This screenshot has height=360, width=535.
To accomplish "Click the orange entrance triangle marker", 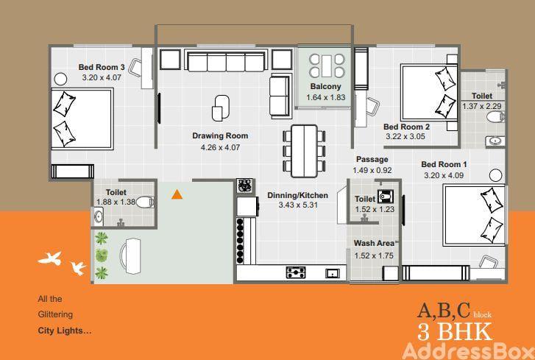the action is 177,195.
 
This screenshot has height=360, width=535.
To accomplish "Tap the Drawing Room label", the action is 220,135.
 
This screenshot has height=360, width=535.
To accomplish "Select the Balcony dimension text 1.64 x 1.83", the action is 326,97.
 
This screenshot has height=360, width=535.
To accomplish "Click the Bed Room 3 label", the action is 102,67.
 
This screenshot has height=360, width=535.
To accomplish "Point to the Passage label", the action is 372,159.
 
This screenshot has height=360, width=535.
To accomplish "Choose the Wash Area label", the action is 374,243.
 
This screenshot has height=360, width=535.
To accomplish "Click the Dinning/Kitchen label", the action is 298,196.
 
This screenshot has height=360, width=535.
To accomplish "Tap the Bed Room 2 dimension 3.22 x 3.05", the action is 405,136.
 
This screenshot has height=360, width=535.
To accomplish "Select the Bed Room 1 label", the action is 444,164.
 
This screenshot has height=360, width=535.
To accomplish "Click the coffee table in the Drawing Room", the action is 221,107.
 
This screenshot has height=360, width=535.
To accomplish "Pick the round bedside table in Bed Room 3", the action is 60,80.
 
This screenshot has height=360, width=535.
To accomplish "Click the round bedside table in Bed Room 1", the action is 495,175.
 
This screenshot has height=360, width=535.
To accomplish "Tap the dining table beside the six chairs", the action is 305,151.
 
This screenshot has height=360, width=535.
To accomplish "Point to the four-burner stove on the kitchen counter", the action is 296,272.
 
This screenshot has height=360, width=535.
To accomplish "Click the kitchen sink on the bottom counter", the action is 333,273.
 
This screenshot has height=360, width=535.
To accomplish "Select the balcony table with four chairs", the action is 327,66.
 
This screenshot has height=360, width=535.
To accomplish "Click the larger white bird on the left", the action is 51,258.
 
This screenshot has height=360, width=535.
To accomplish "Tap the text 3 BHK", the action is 455,331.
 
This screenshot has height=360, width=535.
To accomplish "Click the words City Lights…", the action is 65,331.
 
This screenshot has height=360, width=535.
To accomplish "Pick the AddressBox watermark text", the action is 468,351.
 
